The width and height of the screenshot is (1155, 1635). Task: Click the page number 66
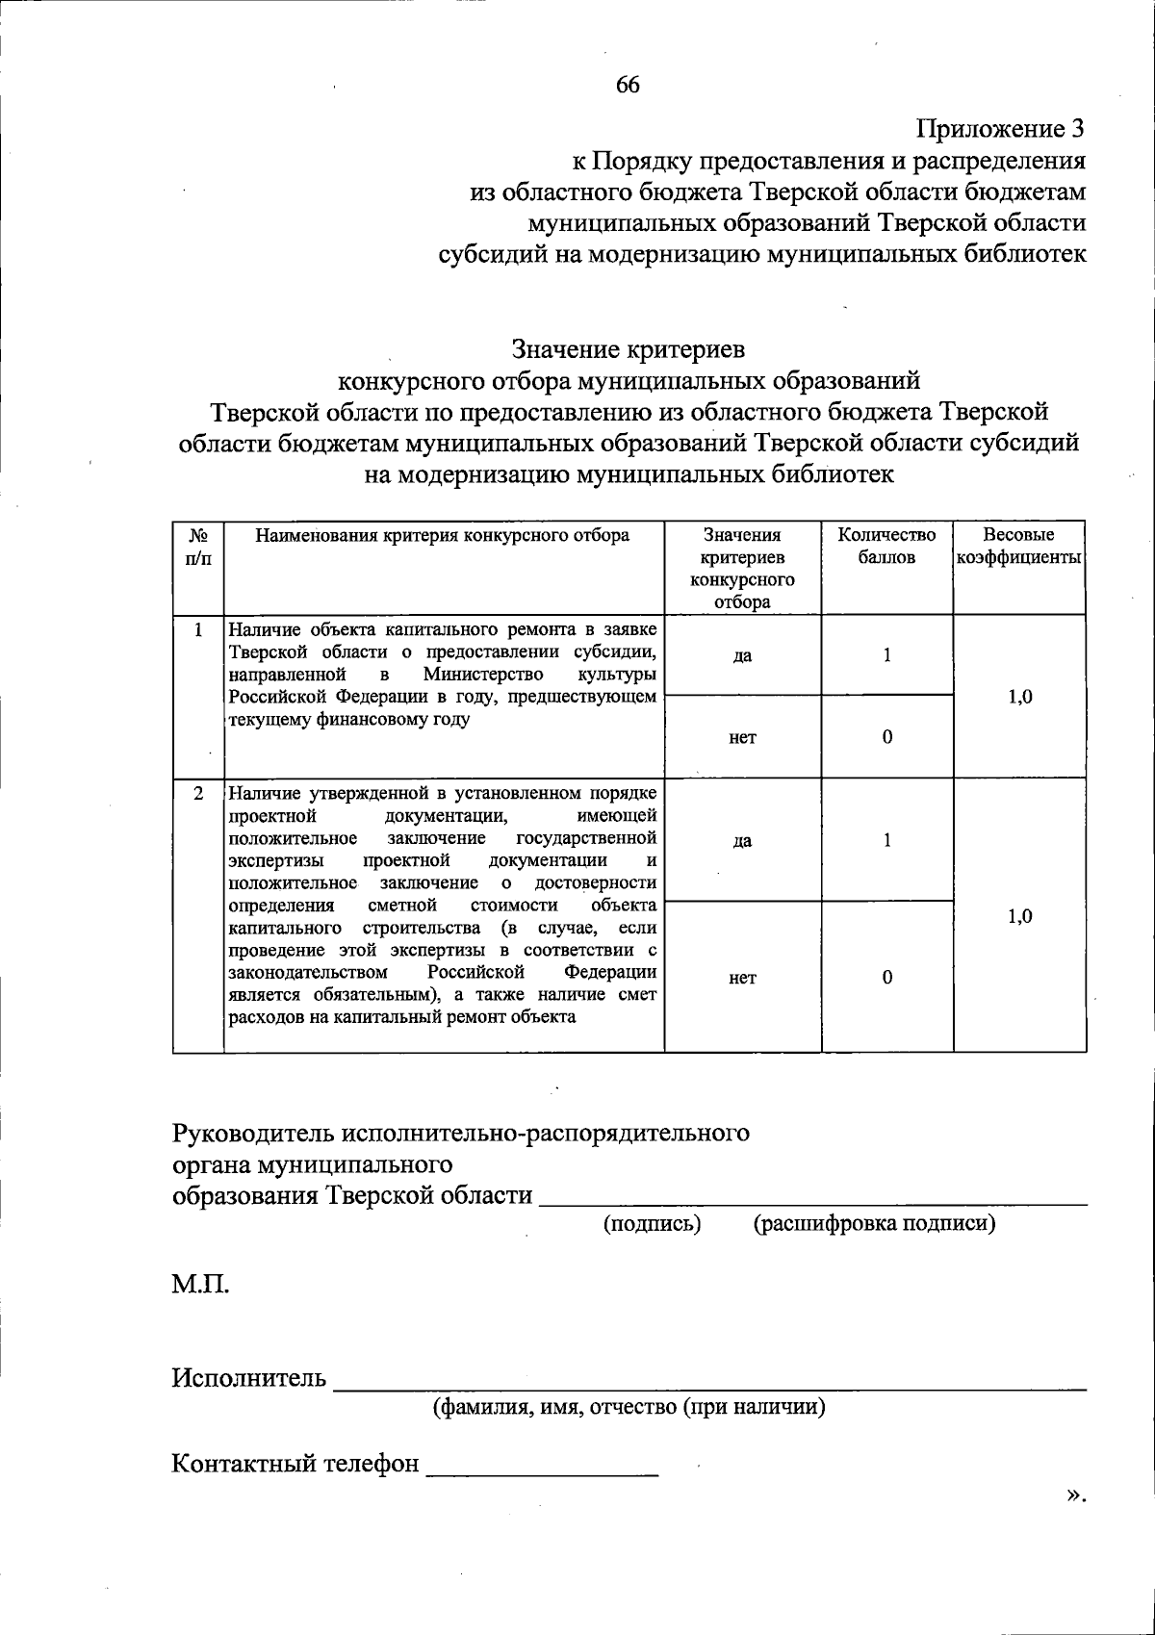[628, 85]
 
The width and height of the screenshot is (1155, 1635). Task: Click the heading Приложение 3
[1000, 129]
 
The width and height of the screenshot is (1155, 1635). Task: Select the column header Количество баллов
[886, 547]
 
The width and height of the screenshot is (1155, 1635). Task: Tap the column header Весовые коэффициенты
[1019, 547]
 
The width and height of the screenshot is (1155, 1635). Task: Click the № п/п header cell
[198, 547]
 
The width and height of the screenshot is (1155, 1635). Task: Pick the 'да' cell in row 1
[742, 655]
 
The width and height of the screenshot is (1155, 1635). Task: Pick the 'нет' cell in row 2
[742, 978]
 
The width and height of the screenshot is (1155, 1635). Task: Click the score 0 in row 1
[886, 737]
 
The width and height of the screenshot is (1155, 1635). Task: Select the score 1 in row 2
[886, 840]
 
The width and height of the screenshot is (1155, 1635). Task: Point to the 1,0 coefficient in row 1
[1020, 697]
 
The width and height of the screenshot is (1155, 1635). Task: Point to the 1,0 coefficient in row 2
[1020, 916]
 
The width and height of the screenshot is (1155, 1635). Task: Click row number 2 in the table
[198, 794]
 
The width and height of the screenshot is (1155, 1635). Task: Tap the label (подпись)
[652, 1223]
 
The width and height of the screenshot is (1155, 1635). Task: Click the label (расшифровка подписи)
[874, 1223]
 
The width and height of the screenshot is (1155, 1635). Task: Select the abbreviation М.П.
[201, 1284]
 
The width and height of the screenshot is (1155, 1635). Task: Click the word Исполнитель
[249, 1378]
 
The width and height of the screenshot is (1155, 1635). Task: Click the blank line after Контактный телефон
[542, 1469]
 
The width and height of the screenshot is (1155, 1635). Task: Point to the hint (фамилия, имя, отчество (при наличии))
[629, 1407]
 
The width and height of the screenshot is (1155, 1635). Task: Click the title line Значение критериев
[629, 348]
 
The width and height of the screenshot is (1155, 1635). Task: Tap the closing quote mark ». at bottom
[1076, 1494]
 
